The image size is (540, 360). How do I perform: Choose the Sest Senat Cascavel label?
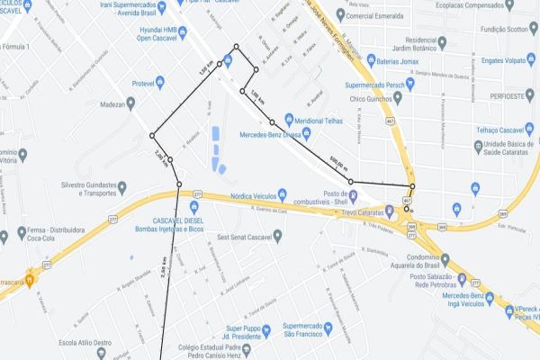coord(251,238)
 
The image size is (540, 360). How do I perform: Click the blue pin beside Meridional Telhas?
coord(288,118)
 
